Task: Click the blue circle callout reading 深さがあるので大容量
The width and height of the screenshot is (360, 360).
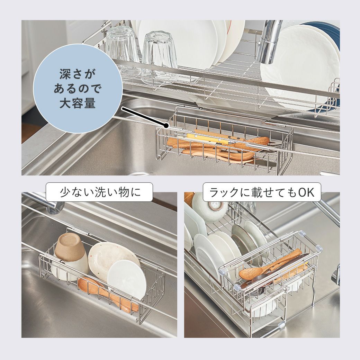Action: point(78,89)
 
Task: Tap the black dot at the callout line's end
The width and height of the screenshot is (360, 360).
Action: point(165,125)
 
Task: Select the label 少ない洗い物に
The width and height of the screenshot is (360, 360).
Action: point(99,192)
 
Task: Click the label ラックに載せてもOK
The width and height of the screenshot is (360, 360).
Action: point(262,192)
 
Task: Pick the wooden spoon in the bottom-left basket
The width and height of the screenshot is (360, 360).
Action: point(108,294)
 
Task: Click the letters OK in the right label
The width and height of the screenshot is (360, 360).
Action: point(306,192)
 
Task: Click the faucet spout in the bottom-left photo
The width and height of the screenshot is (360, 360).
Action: point(44,202)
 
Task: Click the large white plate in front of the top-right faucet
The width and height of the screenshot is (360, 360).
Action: point(298,69)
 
